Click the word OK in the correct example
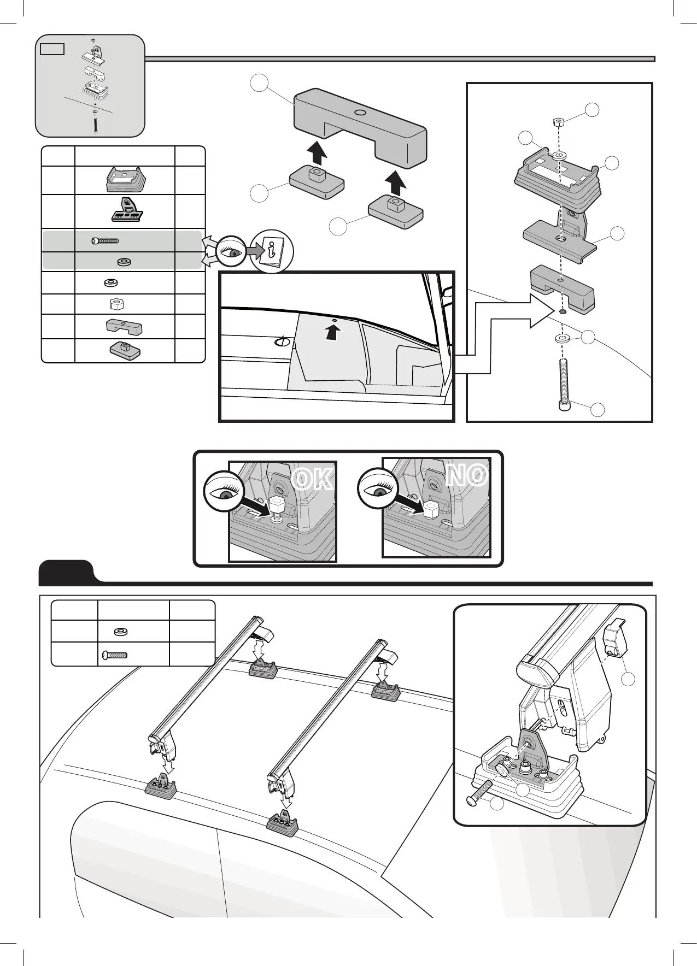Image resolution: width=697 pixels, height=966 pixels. tap(312, 479)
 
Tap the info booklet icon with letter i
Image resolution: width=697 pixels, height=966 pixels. tap(272, 252)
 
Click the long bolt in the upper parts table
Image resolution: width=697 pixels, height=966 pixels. tap(105, 240)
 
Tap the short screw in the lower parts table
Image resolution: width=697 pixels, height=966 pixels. tap(114, 655)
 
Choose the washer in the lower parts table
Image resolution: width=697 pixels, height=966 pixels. tap(121, 632)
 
